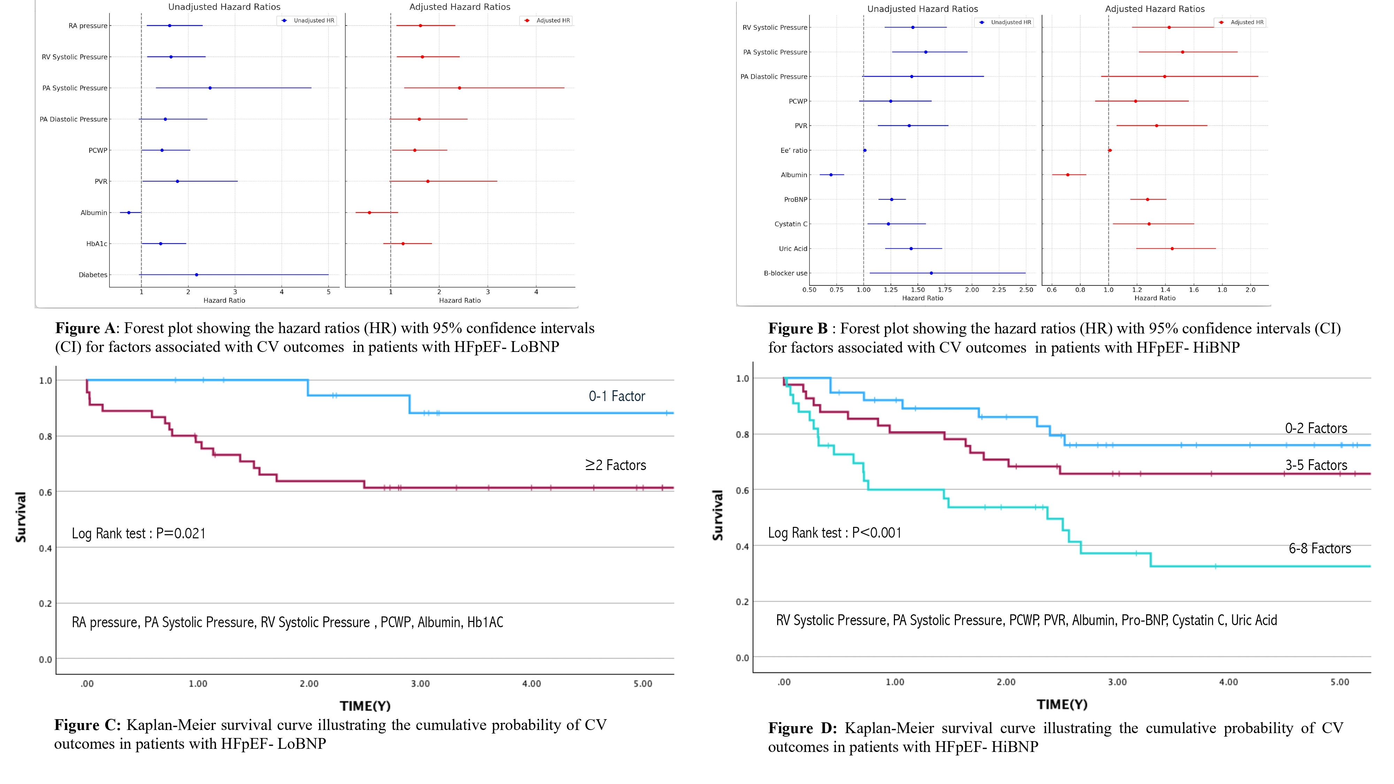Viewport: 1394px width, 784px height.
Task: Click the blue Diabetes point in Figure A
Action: pos(197,275)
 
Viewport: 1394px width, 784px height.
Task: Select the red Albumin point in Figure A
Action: pos(370,213)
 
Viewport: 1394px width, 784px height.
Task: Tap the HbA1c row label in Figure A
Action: pos(97,244)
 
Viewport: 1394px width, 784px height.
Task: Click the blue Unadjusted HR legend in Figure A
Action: pos(307,21)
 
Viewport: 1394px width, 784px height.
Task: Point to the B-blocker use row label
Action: pos(785,273)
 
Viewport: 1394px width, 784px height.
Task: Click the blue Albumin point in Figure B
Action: pos(831,175)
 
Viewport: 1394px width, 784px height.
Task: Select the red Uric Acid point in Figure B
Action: pos(1172,249)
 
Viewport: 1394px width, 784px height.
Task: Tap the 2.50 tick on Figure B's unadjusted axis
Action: pos(1026,290)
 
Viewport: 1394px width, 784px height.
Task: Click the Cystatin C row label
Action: pos(791,224)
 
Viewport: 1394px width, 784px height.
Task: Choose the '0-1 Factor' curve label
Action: pos(616,397)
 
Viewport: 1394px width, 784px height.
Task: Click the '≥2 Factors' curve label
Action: pos(615,465)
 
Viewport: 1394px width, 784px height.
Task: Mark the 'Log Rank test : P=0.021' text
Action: pos(139,534)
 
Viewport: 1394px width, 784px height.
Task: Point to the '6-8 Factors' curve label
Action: pos(1319,549)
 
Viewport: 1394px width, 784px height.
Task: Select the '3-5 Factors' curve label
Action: pos(1316,465)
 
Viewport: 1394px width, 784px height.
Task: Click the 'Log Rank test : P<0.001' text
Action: pos(834,533)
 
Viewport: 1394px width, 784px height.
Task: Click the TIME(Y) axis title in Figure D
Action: pos(1062,705)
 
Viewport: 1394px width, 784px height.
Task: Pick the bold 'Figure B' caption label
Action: pos(798,329)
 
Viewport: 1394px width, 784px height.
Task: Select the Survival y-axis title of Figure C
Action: pos(21,517)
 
